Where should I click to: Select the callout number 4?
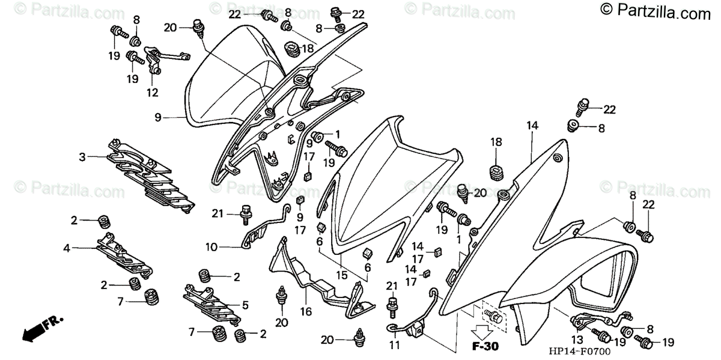67,247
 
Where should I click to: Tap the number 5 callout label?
245,304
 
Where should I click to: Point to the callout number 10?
210,246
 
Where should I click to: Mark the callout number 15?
342,276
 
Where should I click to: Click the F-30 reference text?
479,347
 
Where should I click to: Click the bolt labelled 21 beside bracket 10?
245,212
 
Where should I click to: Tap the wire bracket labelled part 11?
415,322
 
